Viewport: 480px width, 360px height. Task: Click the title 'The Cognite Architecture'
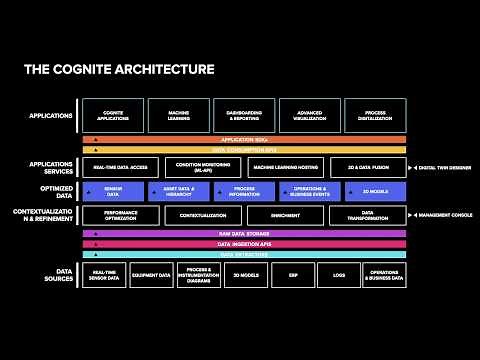coord(119,70)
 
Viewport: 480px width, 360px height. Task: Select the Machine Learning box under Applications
coord(178,115)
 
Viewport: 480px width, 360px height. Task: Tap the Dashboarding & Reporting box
coord(244,115)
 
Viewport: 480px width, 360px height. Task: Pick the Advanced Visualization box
coord(309,115)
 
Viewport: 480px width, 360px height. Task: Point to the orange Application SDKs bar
coord(244,140)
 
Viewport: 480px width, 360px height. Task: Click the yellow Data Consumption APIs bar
coord(244,150)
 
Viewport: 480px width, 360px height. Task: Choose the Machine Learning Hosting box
coord(284,167)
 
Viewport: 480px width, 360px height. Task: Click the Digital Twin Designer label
coord(445,167)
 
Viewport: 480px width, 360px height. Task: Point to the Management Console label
coord(445,215)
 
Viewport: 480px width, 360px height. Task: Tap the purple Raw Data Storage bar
coord(244,234)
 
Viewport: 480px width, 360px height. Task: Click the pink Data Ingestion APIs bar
coord(244,244)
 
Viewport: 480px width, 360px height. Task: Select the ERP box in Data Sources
coord(292,275)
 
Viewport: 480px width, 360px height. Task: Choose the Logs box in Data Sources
coord(338,275)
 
